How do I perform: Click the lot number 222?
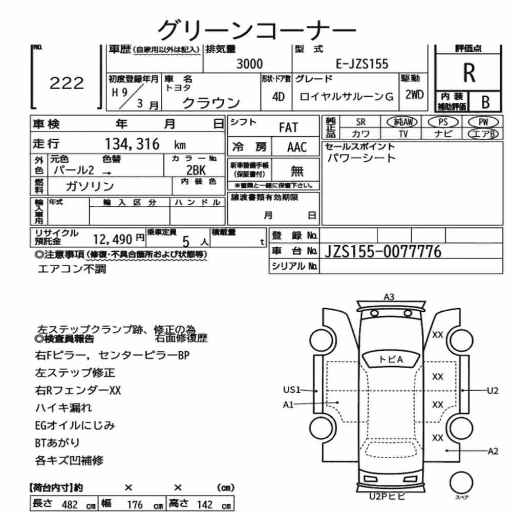pyautogui.click(x=67, y=83)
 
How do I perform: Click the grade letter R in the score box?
pyautogui.click(x=469, y=73)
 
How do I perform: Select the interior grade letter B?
pyautogui.click(x=485, y=102)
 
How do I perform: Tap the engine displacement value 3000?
pyautogui.click(x=249, y=63)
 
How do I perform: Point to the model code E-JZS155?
pyautogui.click(x=362, y=63)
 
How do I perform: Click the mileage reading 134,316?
pyautogui.click(x=132, y=144)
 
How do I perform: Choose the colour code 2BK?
pyautogui.click(x=196, y=170)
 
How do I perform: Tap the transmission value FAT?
pyautogui.click(x=288, y=127)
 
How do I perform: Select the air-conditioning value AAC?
pyautogui.click(x=297, y=147)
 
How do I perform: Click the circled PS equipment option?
pyautogui.click(x=443, y=122)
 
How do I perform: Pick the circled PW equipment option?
pyautogui.click(x=483, y=122)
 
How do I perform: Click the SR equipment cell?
pyautogui.click(x=360, y=122)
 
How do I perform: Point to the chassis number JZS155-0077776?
pyautogui.click(x=382, y=251)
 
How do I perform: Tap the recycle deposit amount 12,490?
pyautogui.click(x=112, y=239)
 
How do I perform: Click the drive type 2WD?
pyautogui.click(x=414, y=95)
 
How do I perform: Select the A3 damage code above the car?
pyautogui.click(x=389, y=297)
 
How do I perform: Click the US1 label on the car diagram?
pyautogui.click(x=292, y=390)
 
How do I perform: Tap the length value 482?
pyautogui.click(x=70, y=504)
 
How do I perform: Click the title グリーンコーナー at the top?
pyautogui.click(x=257, y=30)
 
